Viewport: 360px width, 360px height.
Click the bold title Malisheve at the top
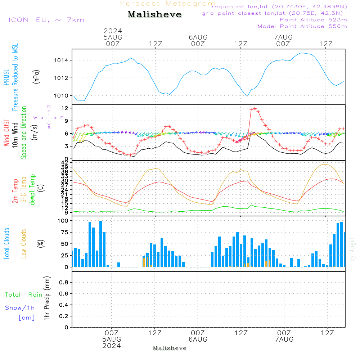(154, 14)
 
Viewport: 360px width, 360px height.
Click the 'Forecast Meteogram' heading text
(168, 4)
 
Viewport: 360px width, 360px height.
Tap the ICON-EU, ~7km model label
(46, 20)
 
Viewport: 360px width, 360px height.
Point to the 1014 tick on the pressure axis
(61, 60)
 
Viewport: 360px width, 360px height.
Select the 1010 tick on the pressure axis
(61, 96)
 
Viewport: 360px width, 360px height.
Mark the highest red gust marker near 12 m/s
(255, 109)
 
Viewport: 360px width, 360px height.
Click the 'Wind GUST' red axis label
(6, 133)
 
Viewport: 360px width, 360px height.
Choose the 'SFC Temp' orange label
(24, 190)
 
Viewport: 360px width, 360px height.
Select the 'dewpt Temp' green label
(32, 189)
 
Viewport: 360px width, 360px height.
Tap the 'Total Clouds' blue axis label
(6, 244)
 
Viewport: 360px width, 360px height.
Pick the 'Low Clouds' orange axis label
(23, 244)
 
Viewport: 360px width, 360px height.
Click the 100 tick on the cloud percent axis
(63, 221)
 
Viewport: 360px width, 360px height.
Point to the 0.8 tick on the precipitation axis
(64, 282)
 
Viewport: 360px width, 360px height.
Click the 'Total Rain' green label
(24, 295)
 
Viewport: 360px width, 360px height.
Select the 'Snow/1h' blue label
(20, 308)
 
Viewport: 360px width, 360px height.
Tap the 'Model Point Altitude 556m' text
(302, 26)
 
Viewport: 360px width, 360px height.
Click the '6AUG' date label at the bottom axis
(198, 339)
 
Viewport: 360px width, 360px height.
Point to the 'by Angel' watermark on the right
(352, 249)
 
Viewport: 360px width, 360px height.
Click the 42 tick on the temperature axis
(65, 163)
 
